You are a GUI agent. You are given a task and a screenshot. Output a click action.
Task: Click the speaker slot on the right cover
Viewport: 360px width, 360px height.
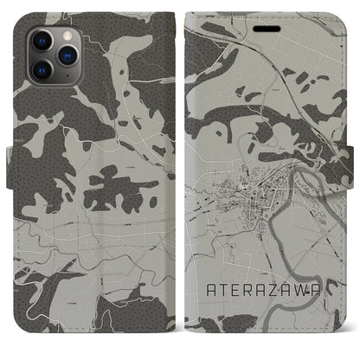[268, 29]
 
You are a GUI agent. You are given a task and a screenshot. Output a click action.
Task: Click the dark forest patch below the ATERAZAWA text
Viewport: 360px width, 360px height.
[260, 333]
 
